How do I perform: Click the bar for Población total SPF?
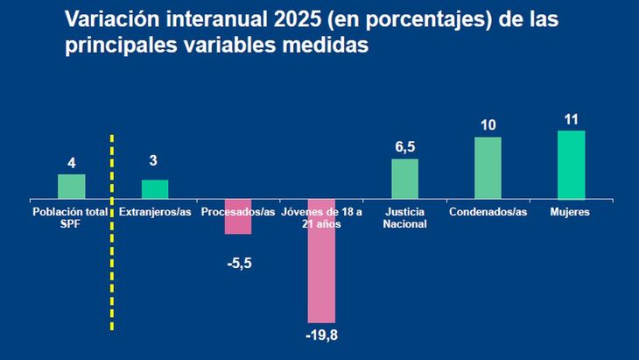click(71, 187)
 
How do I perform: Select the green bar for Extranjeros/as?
click(155, 189)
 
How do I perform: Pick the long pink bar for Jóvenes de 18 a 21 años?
click(321, 261)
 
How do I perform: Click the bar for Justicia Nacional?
click(404, 179)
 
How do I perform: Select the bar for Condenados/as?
click(488, 168)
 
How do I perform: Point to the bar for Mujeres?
click(571, 165)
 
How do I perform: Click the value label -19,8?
click(321, 335)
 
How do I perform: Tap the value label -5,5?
click(238, 262)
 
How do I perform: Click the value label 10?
click(488, 124)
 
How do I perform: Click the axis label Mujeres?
click(571, 212)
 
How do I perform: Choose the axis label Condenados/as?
click(488, 212)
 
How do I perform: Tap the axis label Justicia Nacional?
click(404, 217)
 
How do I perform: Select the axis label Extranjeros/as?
click(155, 212)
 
